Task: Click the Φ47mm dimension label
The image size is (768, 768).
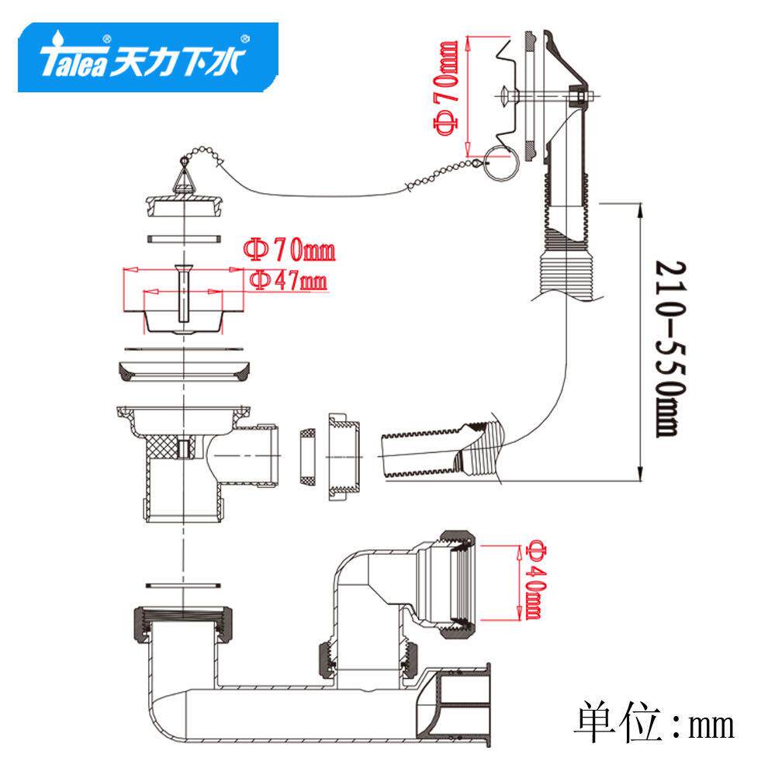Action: (289, 281)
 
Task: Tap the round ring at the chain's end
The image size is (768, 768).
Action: (501, 164)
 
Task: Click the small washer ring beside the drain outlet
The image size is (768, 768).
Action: (306, 456)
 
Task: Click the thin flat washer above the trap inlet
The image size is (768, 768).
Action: (183, 583)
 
